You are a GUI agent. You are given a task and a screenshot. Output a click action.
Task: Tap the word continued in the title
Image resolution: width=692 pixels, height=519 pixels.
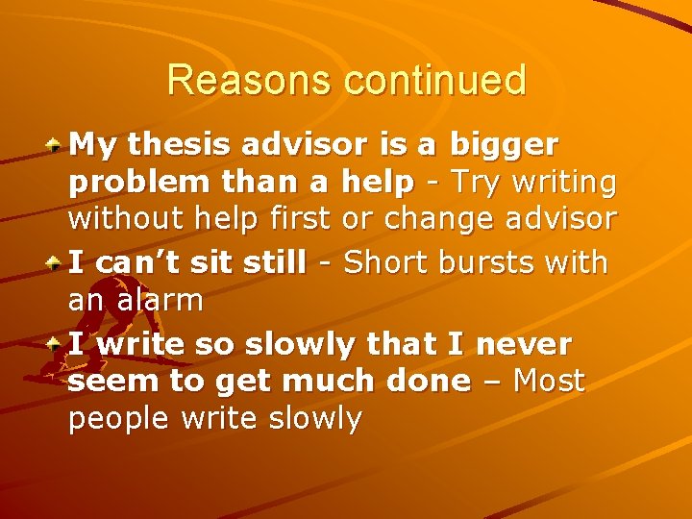(x=436, y=80)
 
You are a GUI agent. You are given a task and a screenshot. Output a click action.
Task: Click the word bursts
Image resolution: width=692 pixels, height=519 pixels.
(x=499, y=261)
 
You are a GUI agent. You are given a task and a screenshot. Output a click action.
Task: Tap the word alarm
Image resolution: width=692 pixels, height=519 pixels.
(x=161, y=301)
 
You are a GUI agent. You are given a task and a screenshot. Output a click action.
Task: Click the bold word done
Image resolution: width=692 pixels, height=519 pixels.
(x=422, y=381)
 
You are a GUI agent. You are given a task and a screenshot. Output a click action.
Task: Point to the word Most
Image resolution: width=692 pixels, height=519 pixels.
(x=549, y=381)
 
